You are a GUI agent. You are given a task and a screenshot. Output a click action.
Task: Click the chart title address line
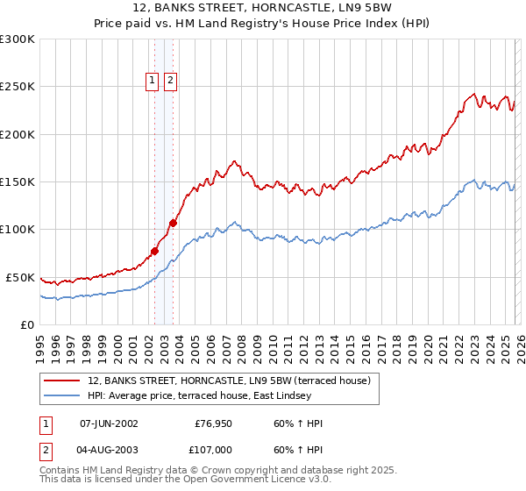(263, 8)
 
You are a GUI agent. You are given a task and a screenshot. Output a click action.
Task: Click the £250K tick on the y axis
(18, 87)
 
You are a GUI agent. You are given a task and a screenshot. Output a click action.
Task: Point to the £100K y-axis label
(18, 230)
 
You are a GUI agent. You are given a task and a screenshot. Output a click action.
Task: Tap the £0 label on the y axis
(26, 324)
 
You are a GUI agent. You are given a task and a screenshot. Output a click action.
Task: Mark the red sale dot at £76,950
(155, 252)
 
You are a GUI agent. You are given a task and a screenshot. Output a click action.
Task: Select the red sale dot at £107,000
(174, 223)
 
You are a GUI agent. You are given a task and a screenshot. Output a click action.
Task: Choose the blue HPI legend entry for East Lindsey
(219, 396)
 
